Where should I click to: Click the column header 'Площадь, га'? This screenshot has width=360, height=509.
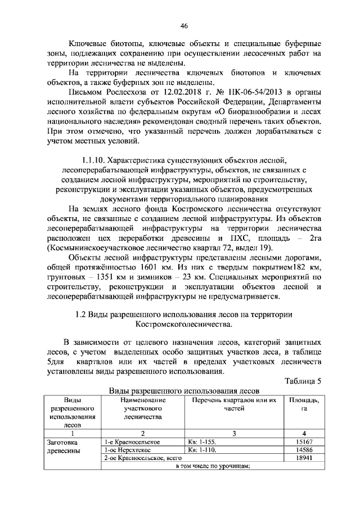pos(304,404)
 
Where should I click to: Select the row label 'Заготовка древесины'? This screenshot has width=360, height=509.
pos(65,447)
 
